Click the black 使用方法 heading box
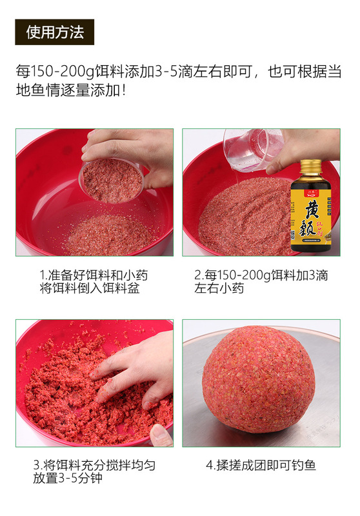point(55,32)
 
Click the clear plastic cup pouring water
point(252,149)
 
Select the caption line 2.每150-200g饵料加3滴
point(261,275)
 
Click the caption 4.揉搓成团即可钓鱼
point(261,464)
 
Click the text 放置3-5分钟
point(72,479)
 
